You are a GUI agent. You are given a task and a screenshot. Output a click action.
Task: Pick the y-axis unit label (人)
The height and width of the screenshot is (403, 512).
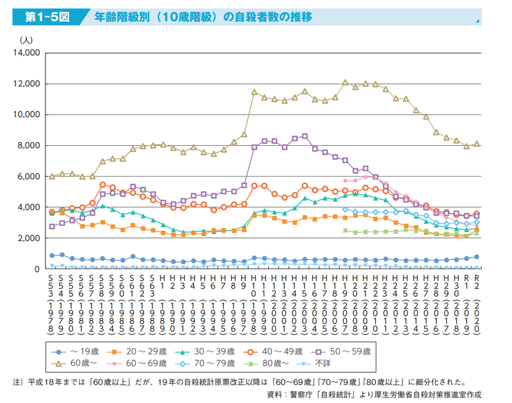[26, 40]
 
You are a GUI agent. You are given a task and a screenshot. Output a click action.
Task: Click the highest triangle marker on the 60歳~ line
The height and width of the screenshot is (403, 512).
[345, 83]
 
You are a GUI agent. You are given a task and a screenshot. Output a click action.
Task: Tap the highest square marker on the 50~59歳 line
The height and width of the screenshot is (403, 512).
[305, 136]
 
